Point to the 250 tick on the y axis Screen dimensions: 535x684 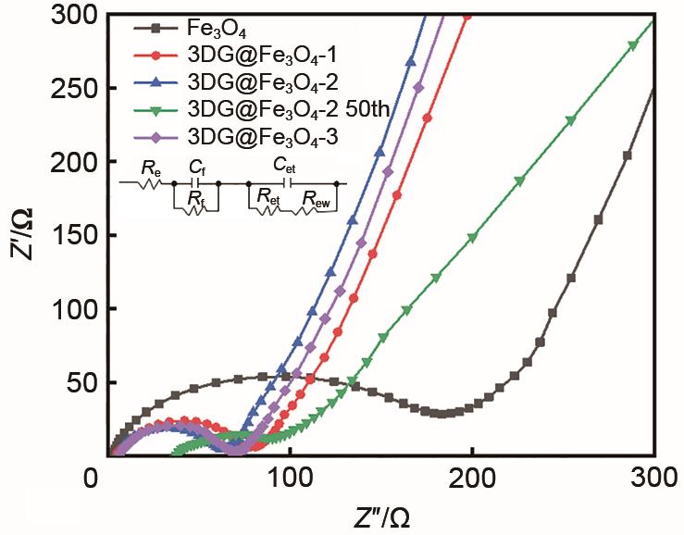pyautogui.click(x=71, y=89)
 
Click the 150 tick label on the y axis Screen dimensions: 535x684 pyautogui.click(x=71, y=236)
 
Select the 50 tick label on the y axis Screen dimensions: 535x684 pyautogui.click(x=78, y=382)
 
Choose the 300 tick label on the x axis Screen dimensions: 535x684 pyautogui.click(x=653, y=482)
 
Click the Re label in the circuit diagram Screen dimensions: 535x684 pyautogui.click(x=147, y=168)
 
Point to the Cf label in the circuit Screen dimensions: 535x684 pyautogui.click(x=195, y=168)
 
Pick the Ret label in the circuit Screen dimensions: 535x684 pyautogui.click(x=268, y=196)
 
